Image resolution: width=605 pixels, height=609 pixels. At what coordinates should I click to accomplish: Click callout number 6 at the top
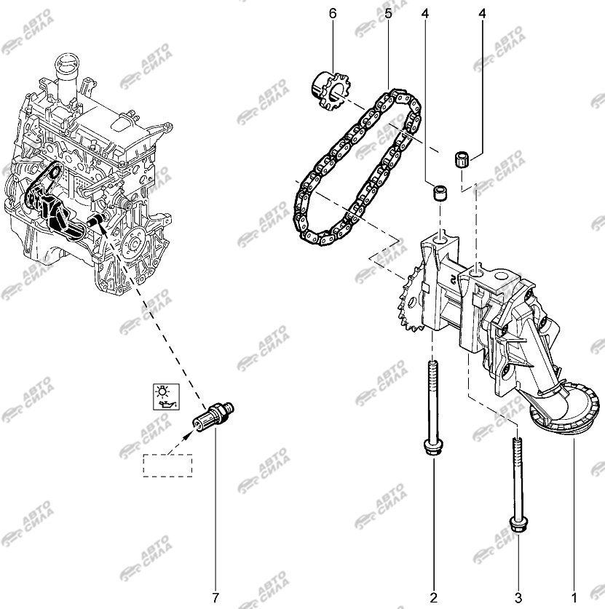[333, 14]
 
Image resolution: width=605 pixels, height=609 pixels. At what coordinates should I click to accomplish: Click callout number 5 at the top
[388, 14]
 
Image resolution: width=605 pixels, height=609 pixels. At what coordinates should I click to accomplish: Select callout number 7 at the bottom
[215, 597]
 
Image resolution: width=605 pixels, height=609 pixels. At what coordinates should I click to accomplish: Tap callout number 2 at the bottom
[434, 597]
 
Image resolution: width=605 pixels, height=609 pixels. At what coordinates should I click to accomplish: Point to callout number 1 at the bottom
[574, 597]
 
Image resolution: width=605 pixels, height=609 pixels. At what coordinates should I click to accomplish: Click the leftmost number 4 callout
[425, 14]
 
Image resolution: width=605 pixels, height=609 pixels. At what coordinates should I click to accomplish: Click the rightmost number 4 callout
[482, 14]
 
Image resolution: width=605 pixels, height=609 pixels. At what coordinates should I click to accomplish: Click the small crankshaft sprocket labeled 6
[330, 90]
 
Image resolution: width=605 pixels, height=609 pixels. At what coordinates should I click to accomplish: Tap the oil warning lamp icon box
[166, 396]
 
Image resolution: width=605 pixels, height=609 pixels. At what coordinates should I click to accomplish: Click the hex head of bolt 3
[518, 525]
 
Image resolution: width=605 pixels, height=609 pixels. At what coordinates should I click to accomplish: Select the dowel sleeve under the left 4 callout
[440, 193]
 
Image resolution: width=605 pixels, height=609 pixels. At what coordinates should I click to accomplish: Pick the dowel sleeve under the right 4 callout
[462, 159]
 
